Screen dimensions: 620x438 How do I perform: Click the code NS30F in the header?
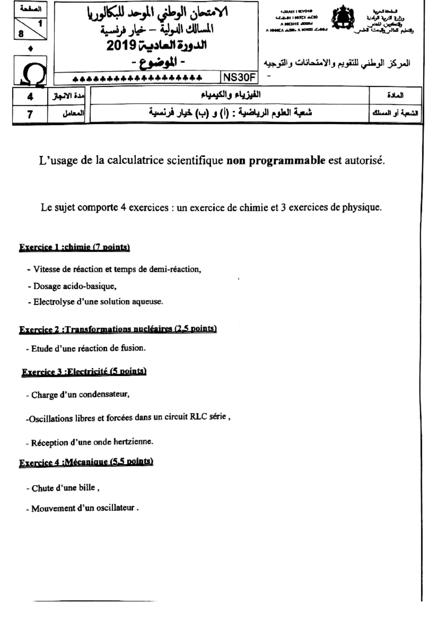[239, 78]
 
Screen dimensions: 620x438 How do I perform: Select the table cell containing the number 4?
[30, 96]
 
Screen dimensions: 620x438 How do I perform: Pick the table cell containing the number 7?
[30, 114]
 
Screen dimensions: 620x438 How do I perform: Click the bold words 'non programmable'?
[276, 160]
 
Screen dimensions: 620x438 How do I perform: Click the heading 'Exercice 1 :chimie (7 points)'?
[74, 247]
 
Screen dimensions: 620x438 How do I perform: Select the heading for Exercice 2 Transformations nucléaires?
[118, 329]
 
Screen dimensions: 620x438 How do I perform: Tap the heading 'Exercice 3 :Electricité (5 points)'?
[84, 372]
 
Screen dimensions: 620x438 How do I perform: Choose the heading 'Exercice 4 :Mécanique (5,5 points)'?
[86, 462]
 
